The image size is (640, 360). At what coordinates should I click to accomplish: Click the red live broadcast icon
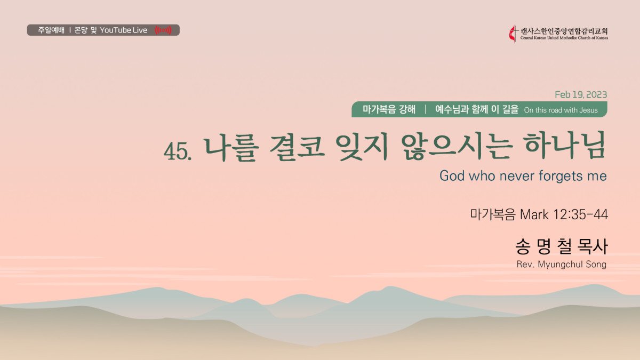tap(163, 30)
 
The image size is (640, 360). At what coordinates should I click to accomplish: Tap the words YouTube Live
tap(123, 30)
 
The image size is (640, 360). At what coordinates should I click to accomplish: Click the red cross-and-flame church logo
tap(513, 34)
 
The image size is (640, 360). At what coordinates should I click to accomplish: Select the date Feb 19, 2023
tap(581, 94)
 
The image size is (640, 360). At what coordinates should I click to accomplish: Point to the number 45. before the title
tap(178, 151)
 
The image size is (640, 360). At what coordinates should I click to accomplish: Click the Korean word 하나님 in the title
tap(565, 146)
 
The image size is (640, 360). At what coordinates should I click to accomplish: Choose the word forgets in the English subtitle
tap(561, 176)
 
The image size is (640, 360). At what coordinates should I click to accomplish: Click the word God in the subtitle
tap(452, 175)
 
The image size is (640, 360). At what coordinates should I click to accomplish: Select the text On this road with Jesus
tap(561, 110)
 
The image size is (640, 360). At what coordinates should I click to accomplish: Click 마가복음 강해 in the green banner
tap(389, 109)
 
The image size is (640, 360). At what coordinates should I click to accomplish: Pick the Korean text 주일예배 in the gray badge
tap(51, 30)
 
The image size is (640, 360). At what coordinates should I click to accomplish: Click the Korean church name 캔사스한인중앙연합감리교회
tap(564, 31)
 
